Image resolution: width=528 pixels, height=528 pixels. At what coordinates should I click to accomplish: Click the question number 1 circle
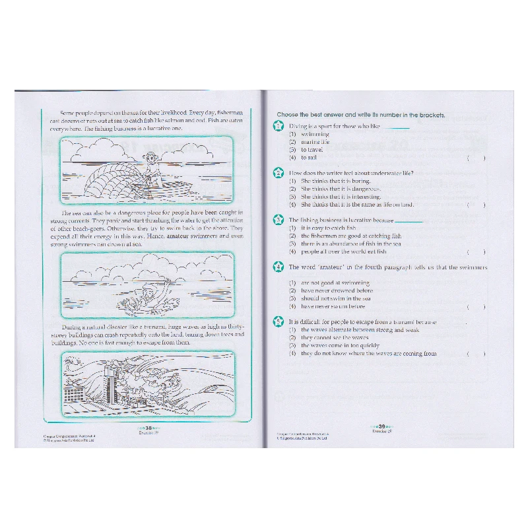click(x=279, y=125)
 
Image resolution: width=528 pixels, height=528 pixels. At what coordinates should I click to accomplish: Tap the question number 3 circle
click(x=279, y=220)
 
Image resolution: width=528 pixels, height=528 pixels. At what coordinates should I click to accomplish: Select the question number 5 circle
click(x=279, y=321)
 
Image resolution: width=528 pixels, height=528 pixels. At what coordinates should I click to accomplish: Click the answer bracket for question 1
click(x=476, y=158)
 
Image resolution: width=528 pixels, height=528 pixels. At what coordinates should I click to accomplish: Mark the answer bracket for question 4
click(x=476, y=306)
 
